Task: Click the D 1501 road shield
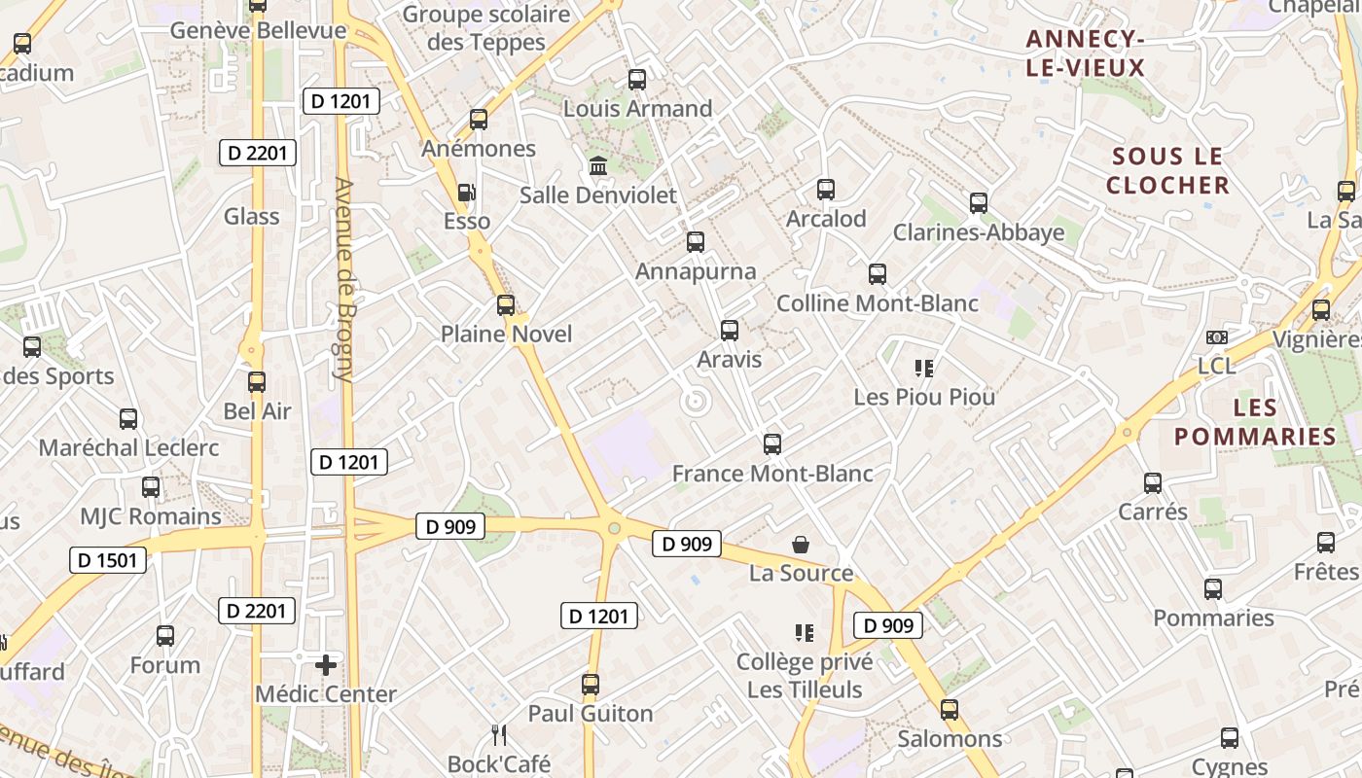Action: pyautogui.click(x=109, y=560)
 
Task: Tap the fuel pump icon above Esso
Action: pyautogui.click(x=467, y=193)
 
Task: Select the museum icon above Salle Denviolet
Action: pyautogui.click(x=598, y=166)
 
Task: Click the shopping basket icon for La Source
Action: pyautogui.click(x=801, y=544)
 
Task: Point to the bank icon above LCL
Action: pyautogui.click(x=1216, y=337)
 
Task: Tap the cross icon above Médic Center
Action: pyautogui.click(x=326, y=665)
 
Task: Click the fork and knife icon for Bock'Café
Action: pyautogui.click(x=499, y=734)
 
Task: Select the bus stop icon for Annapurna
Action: pyautogui.click(x=696, y=242)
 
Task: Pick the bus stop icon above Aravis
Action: pyautogui.click(x=730, y=331)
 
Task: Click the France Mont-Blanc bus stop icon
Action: pyautogui.click(x=772, y=444)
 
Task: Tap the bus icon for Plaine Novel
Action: pyautogui.click(x=506, y=305)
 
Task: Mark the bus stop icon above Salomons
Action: pyautogui.click(x=950, y=710)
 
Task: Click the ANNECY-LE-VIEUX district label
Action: pyautogui.click(x=1085, y=53)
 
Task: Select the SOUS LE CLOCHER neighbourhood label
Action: pyautogui.click(x=1167, y=170)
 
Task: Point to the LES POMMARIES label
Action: pyautogui.click(x=1255, y=421)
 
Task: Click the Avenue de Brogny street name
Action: pyautogui.click(x=343, y=278)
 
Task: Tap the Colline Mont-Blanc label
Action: pyautogui.click(x=878, y=303)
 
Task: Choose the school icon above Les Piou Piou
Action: pyautogui.click(x=924, y=369)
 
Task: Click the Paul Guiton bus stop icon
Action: pyautogui.click(x=591, y=685)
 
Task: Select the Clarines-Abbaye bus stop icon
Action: pyautogui.click(x=979, y=203)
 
